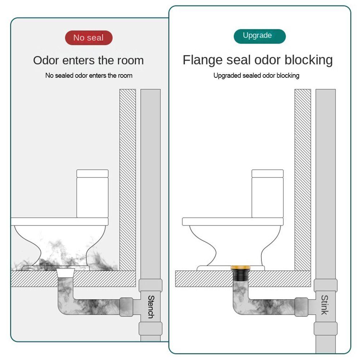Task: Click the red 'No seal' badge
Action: point(89,38)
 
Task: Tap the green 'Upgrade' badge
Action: point(260,36)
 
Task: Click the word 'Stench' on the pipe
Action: point(151,307)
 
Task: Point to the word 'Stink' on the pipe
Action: point(324,305)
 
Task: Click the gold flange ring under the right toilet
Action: point(240,267)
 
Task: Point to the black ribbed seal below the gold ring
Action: point(240,275)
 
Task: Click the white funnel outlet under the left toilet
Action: point(66,273)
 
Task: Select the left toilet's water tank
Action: point(92,194)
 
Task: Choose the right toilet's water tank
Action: point(267,194)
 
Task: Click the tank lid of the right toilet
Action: point(267,174)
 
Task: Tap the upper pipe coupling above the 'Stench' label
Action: point(150,285)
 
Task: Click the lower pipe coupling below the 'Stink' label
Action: point(325,328)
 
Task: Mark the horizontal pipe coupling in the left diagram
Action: point(126,307)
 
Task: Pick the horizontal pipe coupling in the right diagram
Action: point(301,307)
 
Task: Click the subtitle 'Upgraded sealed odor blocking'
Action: point(256,76)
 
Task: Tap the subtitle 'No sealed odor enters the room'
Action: point(89,76)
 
